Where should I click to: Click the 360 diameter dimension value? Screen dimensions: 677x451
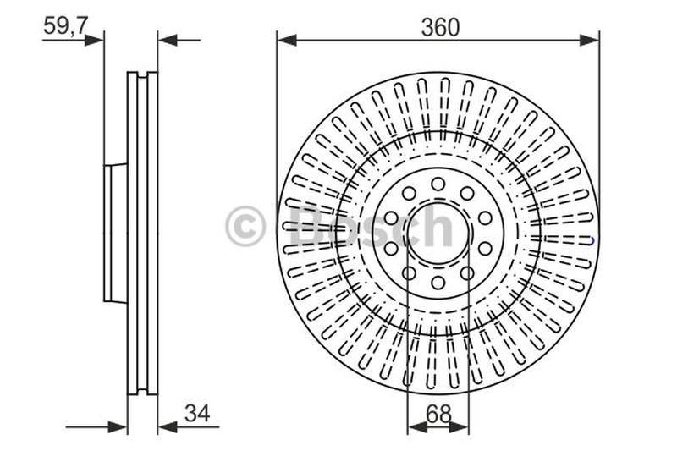pos(440,28)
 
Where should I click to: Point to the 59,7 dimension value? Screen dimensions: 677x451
pos(66,26)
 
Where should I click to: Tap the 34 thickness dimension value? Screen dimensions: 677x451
pos(197,414)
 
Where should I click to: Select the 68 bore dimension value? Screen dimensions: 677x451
pos(438,415)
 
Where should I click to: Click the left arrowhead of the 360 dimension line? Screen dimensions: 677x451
pos(287,40)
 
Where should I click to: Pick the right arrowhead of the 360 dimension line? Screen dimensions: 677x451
pos(589,40)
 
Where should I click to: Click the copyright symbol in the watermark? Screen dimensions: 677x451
pos(245,226)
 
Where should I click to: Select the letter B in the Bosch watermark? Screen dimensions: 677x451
pos(309,226)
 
